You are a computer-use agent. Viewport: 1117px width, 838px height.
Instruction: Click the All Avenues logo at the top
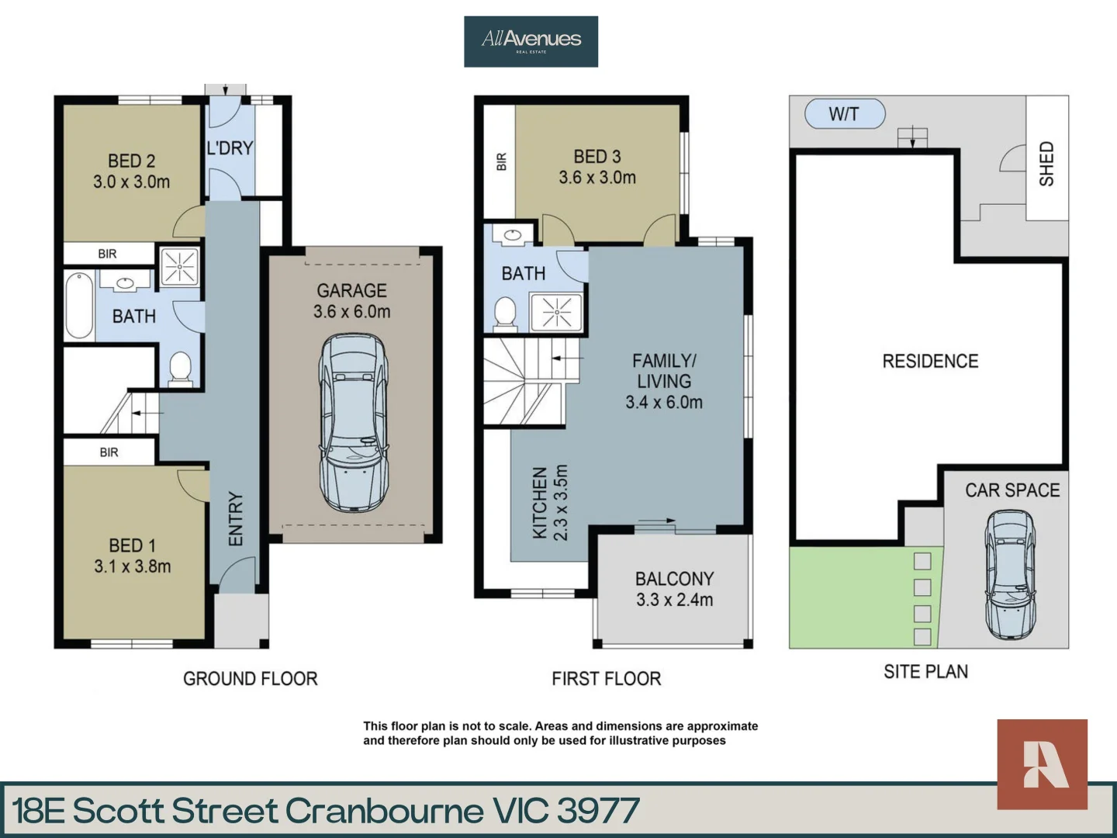coord(531,41)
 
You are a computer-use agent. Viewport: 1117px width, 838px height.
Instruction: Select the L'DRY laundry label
coord(230,147)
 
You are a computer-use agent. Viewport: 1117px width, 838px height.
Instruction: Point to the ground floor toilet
coord(181,367)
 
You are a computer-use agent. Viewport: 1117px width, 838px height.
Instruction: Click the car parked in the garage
coord(352,422)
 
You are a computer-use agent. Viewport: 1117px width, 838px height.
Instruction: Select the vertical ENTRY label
coord(236,518)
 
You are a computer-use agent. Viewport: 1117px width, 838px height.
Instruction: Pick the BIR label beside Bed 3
coord(501,161)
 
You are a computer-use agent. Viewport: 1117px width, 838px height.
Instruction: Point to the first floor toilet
coord(505,314)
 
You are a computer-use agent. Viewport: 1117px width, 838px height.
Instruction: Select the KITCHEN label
coord(540,503)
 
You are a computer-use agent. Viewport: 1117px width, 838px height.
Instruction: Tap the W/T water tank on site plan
coord(845,114)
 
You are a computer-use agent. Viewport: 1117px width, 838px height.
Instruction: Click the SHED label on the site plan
coord(1046,163)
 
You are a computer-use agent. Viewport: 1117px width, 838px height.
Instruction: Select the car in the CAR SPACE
coord(1010,574)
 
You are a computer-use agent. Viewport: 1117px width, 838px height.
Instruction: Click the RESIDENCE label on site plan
coord(930,361)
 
